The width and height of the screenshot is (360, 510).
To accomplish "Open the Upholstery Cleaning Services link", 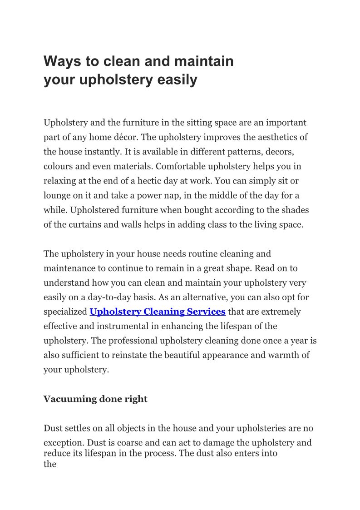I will tap(158, 312).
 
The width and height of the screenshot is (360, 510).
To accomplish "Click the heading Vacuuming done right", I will tap(95, 399).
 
